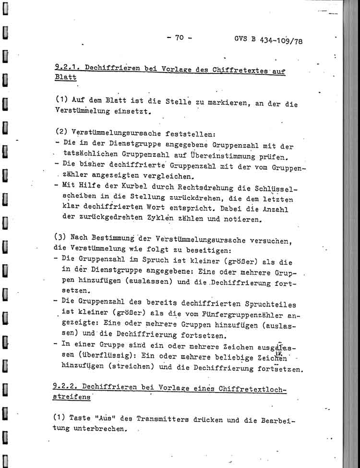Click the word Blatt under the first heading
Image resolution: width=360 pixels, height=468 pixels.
[x=65, y=78]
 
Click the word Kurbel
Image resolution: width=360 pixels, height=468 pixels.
[x=125, y=188]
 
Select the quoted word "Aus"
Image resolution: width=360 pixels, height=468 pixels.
[x=107, y=418]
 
